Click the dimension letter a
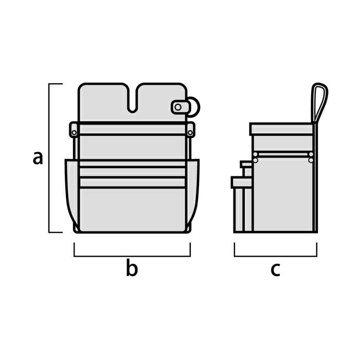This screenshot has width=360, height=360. pos(38,158)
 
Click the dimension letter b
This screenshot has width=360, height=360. pos(132,267)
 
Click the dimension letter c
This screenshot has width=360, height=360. pos(275,269)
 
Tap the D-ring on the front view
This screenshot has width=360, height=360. pos(195,107)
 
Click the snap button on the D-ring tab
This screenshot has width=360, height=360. pos(178,107)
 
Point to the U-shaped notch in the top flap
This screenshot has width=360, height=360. pos(133,101)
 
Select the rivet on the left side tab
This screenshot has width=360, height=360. pos(74,133)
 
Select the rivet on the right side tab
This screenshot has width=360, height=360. pos(190,133)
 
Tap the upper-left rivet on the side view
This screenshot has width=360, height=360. pos(256,154)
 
